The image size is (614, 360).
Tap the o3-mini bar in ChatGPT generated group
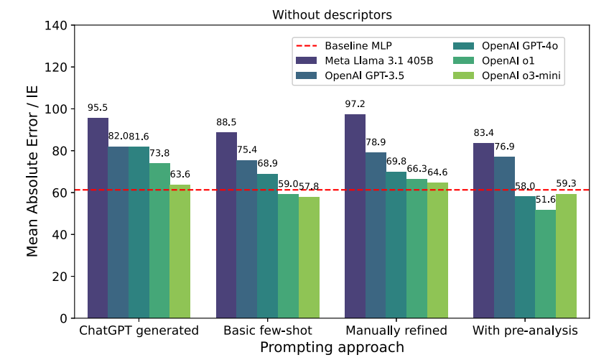(x=180, y=251)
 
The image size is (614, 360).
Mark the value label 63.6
(x=180, y=175)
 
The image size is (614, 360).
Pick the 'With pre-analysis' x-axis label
(x=525, y=331)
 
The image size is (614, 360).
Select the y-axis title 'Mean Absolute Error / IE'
(x=32, y=171)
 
